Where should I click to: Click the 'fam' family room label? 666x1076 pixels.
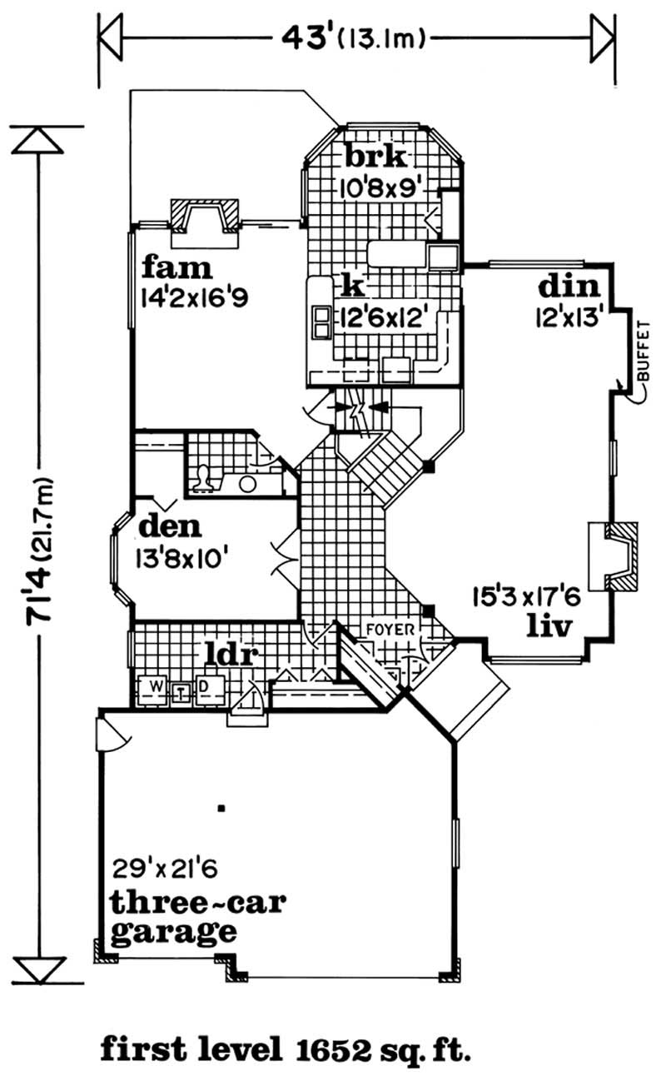tap(177, 268)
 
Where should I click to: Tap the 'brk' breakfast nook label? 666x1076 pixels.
tap(375, 156)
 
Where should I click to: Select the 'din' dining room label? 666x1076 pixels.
tap(569, 286)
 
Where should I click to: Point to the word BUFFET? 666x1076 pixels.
tap(642, 350)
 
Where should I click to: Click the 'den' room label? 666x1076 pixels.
tap(171, 526)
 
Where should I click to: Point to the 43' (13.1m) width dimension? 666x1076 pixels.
tap(355, 37)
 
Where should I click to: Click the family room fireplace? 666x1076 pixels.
tap(205, 218)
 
